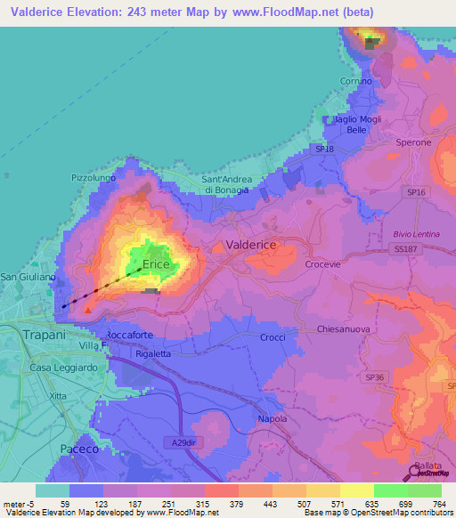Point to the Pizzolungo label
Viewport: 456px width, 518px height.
pyautogui.click(x=94, y=178)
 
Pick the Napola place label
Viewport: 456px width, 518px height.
pyautogui.click(x=272, y=418)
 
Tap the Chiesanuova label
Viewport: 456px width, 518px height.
pyautogui.click(x=343, y=329)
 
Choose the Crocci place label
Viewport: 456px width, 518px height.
pyautogui.click(x=273, y=337)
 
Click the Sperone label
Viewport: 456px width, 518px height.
pyautogui.click(x=413, y=142)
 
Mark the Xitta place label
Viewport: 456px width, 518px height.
pyautogui.click(x=59, y=394)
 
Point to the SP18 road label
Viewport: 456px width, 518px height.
pyautogui.click(x=324, y=150)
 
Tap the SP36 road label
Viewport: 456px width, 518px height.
pyautogui.click(x=374, y=377)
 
